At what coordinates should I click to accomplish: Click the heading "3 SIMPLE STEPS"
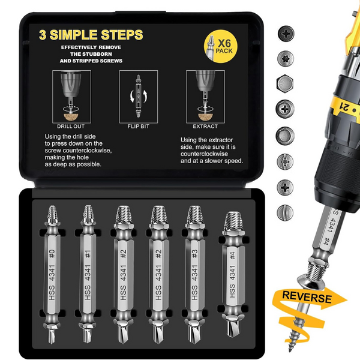coord(91,35)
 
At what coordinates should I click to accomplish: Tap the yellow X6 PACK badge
coord(221,46)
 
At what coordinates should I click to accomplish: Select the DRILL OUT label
coord(71,126)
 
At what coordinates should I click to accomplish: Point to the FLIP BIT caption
coord(138,126)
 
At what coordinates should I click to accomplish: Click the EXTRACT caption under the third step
coord(205,126)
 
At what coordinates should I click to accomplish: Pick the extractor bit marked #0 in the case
coord(52,274)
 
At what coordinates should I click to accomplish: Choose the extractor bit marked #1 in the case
coord(88,274)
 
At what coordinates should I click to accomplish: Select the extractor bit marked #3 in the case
coord(194,274)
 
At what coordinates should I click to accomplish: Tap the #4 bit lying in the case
coord(233,274)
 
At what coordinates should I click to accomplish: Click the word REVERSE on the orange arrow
coord(307,297)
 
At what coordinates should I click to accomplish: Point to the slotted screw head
coord(285,212)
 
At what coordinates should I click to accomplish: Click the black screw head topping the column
coord(286,34)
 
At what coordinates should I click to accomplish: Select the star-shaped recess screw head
coord(286,59)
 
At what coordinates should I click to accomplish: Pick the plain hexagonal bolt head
coord(285,83)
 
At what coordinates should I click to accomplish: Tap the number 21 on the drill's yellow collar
coord(344,106)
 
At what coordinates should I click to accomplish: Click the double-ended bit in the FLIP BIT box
coord(138,96)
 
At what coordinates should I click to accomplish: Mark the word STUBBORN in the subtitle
coord(91,54)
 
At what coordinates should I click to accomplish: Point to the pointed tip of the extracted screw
coord(290,350)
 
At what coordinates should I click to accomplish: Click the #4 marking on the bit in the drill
coord(326,242)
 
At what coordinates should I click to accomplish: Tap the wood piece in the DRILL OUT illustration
coord(71,117)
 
